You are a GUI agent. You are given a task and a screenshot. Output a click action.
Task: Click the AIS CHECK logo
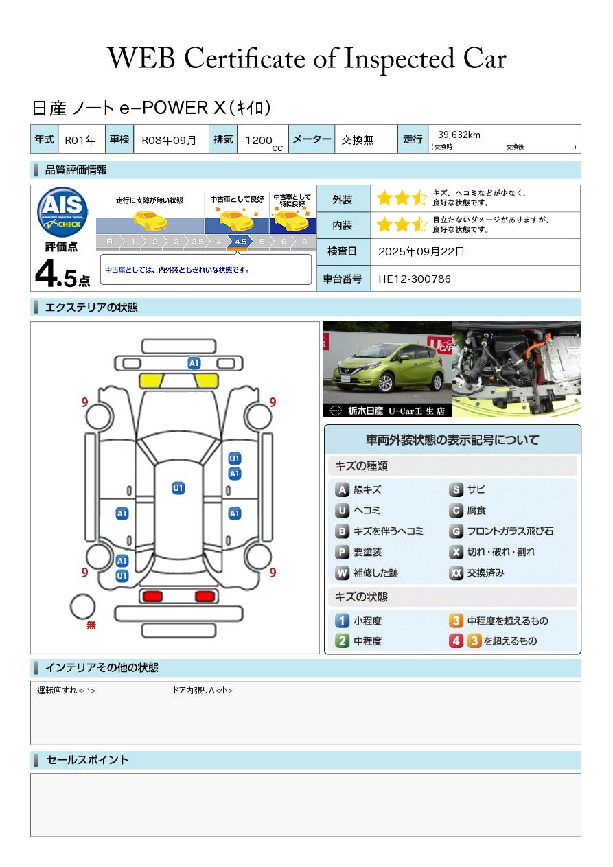click(x=62, y=212)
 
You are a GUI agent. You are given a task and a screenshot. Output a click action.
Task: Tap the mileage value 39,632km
click(x=459, y=135)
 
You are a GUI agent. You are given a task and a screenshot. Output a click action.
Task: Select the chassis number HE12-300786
click(x=414, y=279)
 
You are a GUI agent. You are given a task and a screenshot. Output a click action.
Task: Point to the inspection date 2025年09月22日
click(x=421, y=251)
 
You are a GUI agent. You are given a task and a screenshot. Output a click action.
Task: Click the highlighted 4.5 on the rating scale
click(x=240, y=242)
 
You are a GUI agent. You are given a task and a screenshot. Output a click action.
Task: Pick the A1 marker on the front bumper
click(x=194, y=363)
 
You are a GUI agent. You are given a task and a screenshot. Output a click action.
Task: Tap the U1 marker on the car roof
click(x=178, y=488)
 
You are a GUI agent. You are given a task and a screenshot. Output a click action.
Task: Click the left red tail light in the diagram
click(x=152, y=597)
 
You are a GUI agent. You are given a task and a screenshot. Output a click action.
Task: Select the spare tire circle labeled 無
click(x=82, y=607)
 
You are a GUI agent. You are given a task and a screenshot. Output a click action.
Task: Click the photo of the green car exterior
click(x=388, y=369)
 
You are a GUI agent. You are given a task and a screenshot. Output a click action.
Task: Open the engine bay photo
click(x=517, y=369)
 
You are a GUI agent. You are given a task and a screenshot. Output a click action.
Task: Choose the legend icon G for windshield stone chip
click(x=456, y=531)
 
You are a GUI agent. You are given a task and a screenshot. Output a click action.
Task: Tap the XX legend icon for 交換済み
click(x=456, y=573)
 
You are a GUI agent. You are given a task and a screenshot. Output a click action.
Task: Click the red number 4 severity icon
click(x=456, y=641)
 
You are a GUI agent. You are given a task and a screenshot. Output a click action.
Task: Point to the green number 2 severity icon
click(x=342, y=641)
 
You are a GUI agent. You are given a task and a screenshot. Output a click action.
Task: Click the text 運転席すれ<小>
click(x=66, y=691)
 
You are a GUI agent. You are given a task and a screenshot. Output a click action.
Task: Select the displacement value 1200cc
click(x=264, y=141)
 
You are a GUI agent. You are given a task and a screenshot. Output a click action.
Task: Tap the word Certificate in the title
click(x=244, y=58)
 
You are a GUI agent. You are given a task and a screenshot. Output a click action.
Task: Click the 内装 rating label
click(x=343, y=225)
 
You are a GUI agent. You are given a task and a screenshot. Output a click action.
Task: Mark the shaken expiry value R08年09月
click(x=169, y=140)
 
